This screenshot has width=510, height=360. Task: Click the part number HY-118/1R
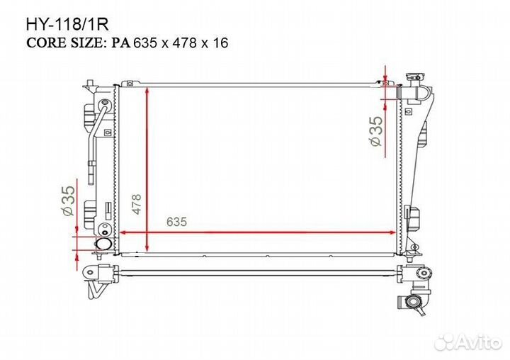(x=67, y=25)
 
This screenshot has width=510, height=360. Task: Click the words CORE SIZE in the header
(x=64, y=43)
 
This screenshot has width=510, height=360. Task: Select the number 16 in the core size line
(x=220, y=43)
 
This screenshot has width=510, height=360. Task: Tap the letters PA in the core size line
(x=121, y=43)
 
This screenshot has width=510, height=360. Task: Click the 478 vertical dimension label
(x=137, y=204)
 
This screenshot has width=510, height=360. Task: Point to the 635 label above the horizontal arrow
(x=176, y=222)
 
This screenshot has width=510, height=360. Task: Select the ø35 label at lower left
(x=68, y=201)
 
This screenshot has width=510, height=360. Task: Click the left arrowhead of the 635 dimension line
(x=123, y=232)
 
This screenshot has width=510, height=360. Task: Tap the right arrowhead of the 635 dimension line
(x=392, y=232)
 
